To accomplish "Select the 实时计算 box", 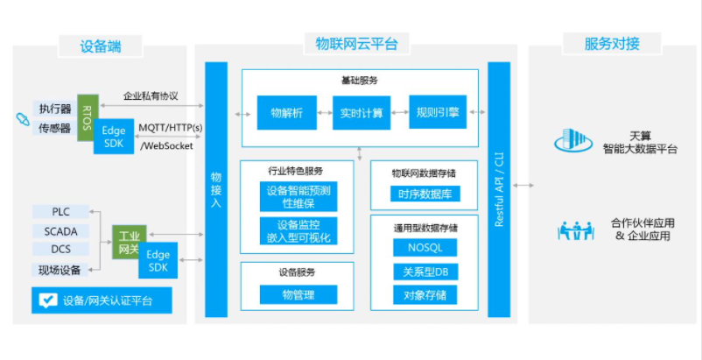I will (361, 113).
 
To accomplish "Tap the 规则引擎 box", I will (437, 112).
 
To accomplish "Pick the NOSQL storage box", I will (425, 248).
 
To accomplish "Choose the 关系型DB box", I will (425, 272).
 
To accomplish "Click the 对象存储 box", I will (425, 295).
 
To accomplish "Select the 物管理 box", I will (297, 295).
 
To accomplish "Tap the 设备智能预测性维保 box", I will (298, 197).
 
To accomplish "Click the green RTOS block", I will (86, 115).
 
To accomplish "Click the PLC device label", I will (60, 212).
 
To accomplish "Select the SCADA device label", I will (60, 231).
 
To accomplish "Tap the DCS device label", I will (60, 250).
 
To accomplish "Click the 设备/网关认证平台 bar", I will (101, 301).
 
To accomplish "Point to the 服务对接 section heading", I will (612, 44).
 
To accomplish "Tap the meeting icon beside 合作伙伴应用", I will (576, 229).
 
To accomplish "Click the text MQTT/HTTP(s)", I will (171, 129).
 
